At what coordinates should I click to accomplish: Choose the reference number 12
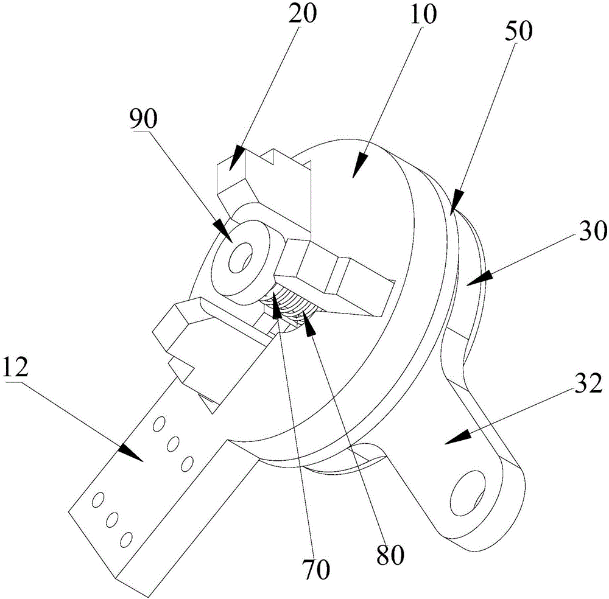[17, 368]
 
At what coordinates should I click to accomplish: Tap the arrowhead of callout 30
[472, 279]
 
